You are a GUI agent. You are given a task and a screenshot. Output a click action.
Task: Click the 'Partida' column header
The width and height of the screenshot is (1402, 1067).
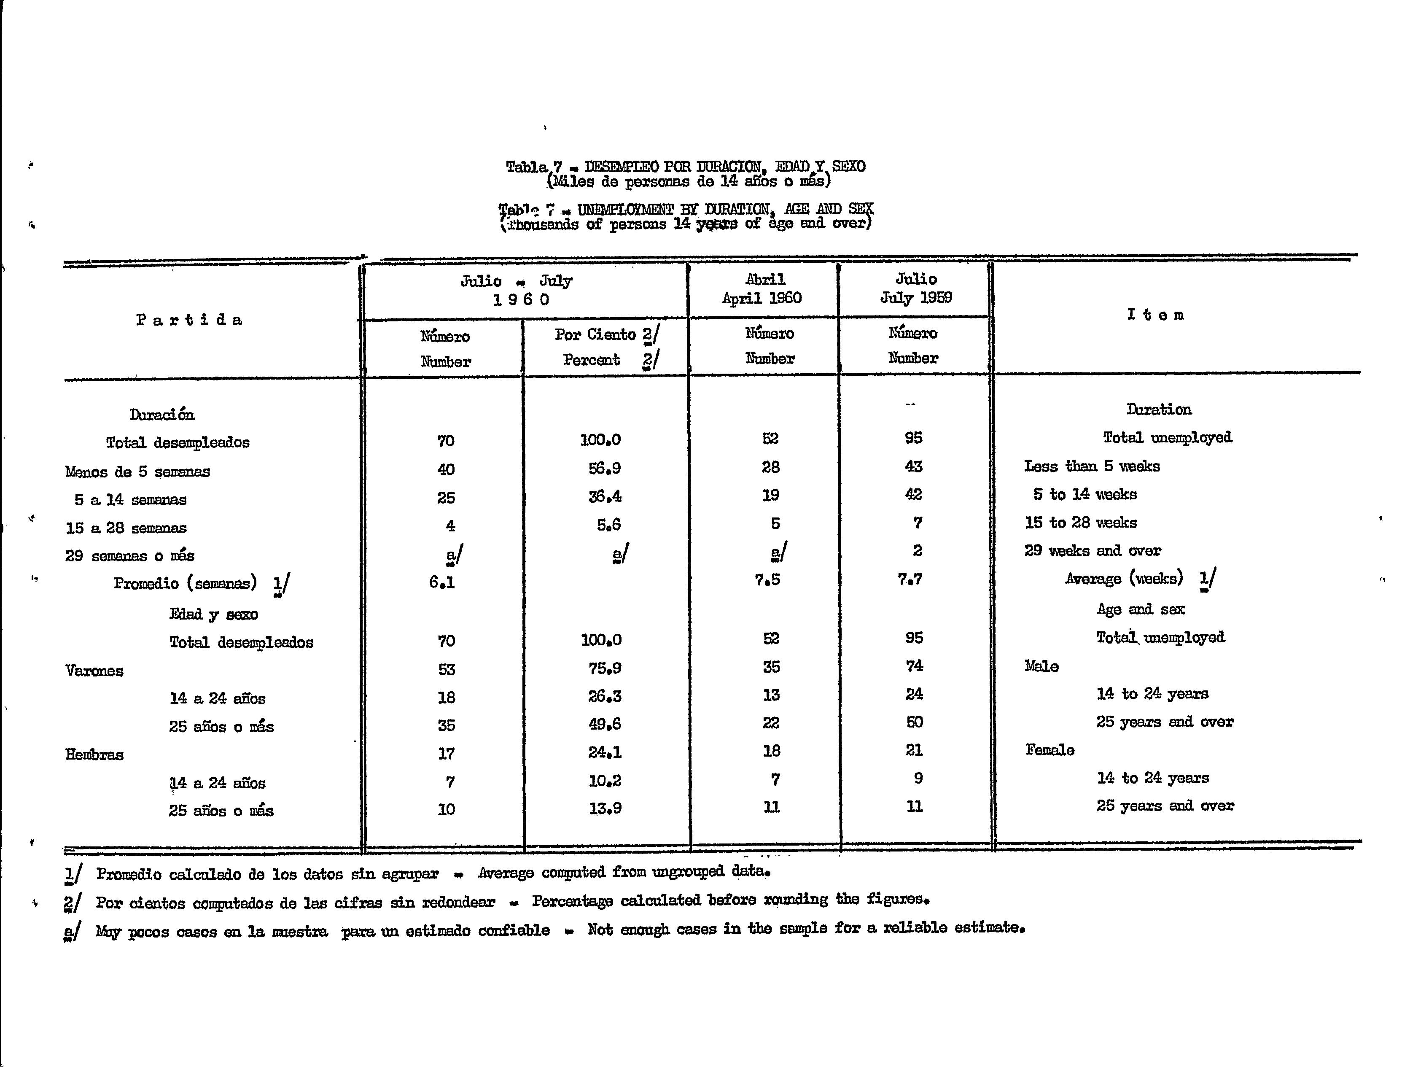[189, 319]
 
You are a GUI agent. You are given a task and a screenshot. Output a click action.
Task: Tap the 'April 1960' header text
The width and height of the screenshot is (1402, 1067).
[762, 298]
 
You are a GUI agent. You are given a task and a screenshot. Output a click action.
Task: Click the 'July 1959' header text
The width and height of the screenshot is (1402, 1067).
[915, 298]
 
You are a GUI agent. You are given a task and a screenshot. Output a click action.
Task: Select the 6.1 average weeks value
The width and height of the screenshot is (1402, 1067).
[442, 581]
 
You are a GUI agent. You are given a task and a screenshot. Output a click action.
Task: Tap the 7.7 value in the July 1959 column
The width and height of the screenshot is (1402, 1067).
[910, 579]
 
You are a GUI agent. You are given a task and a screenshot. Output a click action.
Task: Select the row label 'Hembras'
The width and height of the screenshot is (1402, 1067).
[94, 754]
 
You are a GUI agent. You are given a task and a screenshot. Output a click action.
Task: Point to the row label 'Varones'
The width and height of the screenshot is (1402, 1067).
[94, 671]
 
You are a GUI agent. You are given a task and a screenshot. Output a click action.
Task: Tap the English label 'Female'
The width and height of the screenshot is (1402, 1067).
[1049, 750]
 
